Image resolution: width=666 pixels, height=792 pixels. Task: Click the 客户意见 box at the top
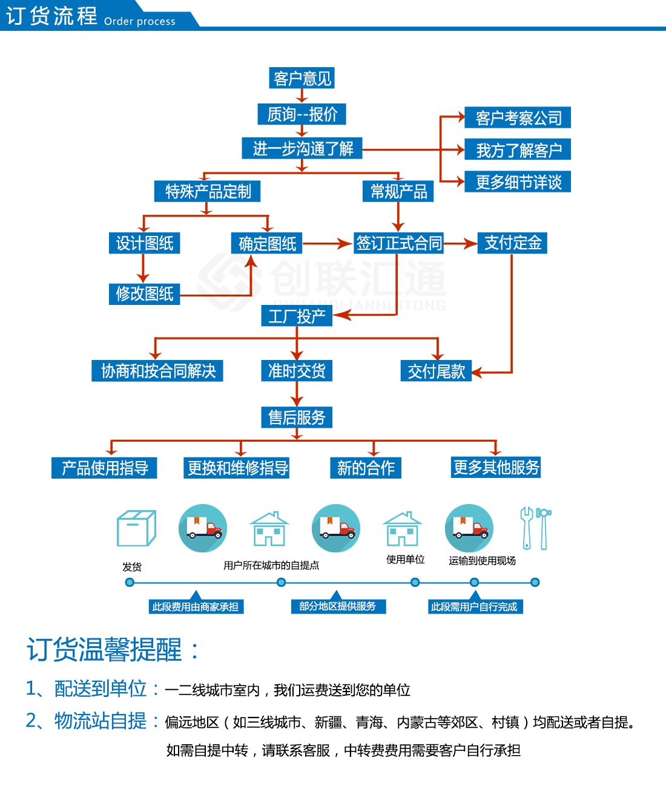(302, 78)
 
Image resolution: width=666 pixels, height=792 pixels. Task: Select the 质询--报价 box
(302, 114)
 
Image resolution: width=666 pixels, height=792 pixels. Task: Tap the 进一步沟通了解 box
(302, 148)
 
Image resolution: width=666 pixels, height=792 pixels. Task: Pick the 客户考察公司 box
(518, 118)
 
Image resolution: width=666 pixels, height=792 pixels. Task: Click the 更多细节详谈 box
(518, 182)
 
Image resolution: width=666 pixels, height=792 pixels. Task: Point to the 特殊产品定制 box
(208, 191)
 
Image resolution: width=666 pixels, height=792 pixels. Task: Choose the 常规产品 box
(398, 191)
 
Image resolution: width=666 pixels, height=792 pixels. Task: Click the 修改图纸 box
(144, 294)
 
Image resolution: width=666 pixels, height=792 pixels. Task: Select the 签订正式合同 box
(398, 243)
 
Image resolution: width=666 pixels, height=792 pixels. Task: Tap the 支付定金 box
(512, 243)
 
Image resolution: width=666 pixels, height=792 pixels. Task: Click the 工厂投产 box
(297, 316)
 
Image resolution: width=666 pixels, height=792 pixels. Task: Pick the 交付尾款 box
(436, 371)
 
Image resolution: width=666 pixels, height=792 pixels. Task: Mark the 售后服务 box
(297, 417)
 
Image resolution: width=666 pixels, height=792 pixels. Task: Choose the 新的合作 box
(366, 468)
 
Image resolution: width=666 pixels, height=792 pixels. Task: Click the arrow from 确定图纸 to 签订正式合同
(327, 244)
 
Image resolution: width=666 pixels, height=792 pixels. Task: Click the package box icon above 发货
(136, 528)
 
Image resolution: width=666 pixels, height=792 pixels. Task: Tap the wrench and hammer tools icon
(535, 528)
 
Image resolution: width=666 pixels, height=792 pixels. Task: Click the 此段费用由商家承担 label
(196, 606)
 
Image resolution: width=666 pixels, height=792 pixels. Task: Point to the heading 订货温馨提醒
(104, 650)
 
